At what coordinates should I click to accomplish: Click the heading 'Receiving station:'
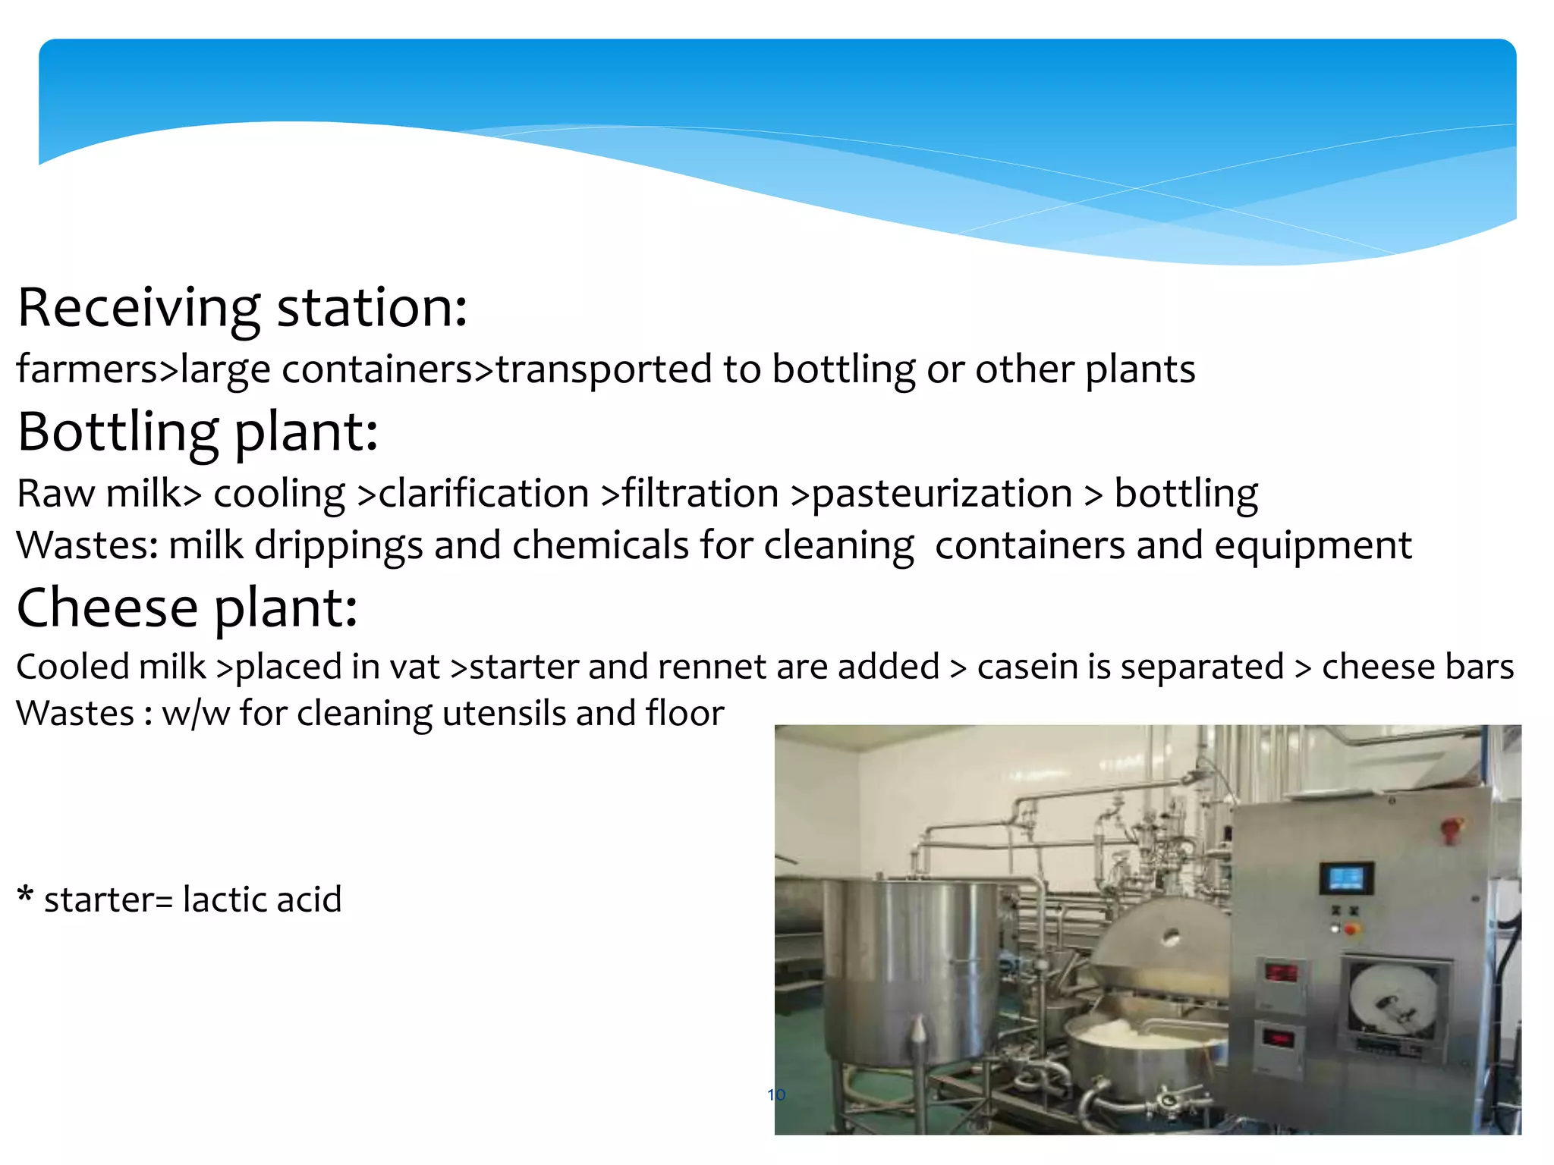241,308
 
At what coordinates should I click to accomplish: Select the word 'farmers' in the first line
87,369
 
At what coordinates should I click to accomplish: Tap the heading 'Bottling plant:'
197,432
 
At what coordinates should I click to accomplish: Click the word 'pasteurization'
942,495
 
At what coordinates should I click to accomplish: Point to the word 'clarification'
483,494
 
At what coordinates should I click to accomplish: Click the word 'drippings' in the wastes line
338,546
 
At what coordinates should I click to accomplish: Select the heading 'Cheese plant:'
187,608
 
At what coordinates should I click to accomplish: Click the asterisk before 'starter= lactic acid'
25,895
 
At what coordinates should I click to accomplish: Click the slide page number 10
775,1094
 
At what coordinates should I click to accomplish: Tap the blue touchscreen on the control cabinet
1345,879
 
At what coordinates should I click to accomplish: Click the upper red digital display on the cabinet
1282,972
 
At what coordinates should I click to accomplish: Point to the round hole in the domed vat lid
1170,937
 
